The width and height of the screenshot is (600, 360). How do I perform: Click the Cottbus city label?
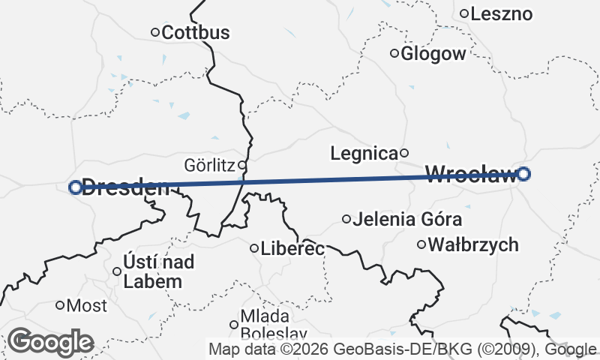tap(195, 33)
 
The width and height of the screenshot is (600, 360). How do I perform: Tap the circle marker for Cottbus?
tap(156, 32)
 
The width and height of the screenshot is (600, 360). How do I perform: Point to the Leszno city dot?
tap(465, 13)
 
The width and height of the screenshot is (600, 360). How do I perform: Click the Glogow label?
tap(433, 53)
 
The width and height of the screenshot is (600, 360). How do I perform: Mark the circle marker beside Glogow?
tap(394, 52)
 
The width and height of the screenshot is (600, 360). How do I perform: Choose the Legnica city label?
tap(364, 154)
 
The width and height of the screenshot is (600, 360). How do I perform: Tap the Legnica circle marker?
tap(404, 153)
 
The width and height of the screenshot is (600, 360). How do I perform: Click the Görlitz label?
tap(210, 164)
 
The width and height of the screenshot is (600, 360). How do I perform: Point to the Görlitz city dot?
tap(242, 164)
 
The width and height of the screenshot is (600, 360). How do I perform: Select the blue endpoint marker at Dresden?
tap(75, 187)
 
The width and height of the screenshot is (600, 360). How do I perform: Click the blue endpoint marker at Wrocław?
tap(524, 174)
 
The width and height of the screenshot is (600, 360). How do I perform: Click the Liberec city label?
tap(292, 248)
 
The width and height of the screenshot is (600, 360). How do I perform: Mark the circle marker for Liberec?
tap(254, 247)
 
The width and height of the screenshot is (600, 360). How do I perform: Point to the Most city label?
tap(87, 306)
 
